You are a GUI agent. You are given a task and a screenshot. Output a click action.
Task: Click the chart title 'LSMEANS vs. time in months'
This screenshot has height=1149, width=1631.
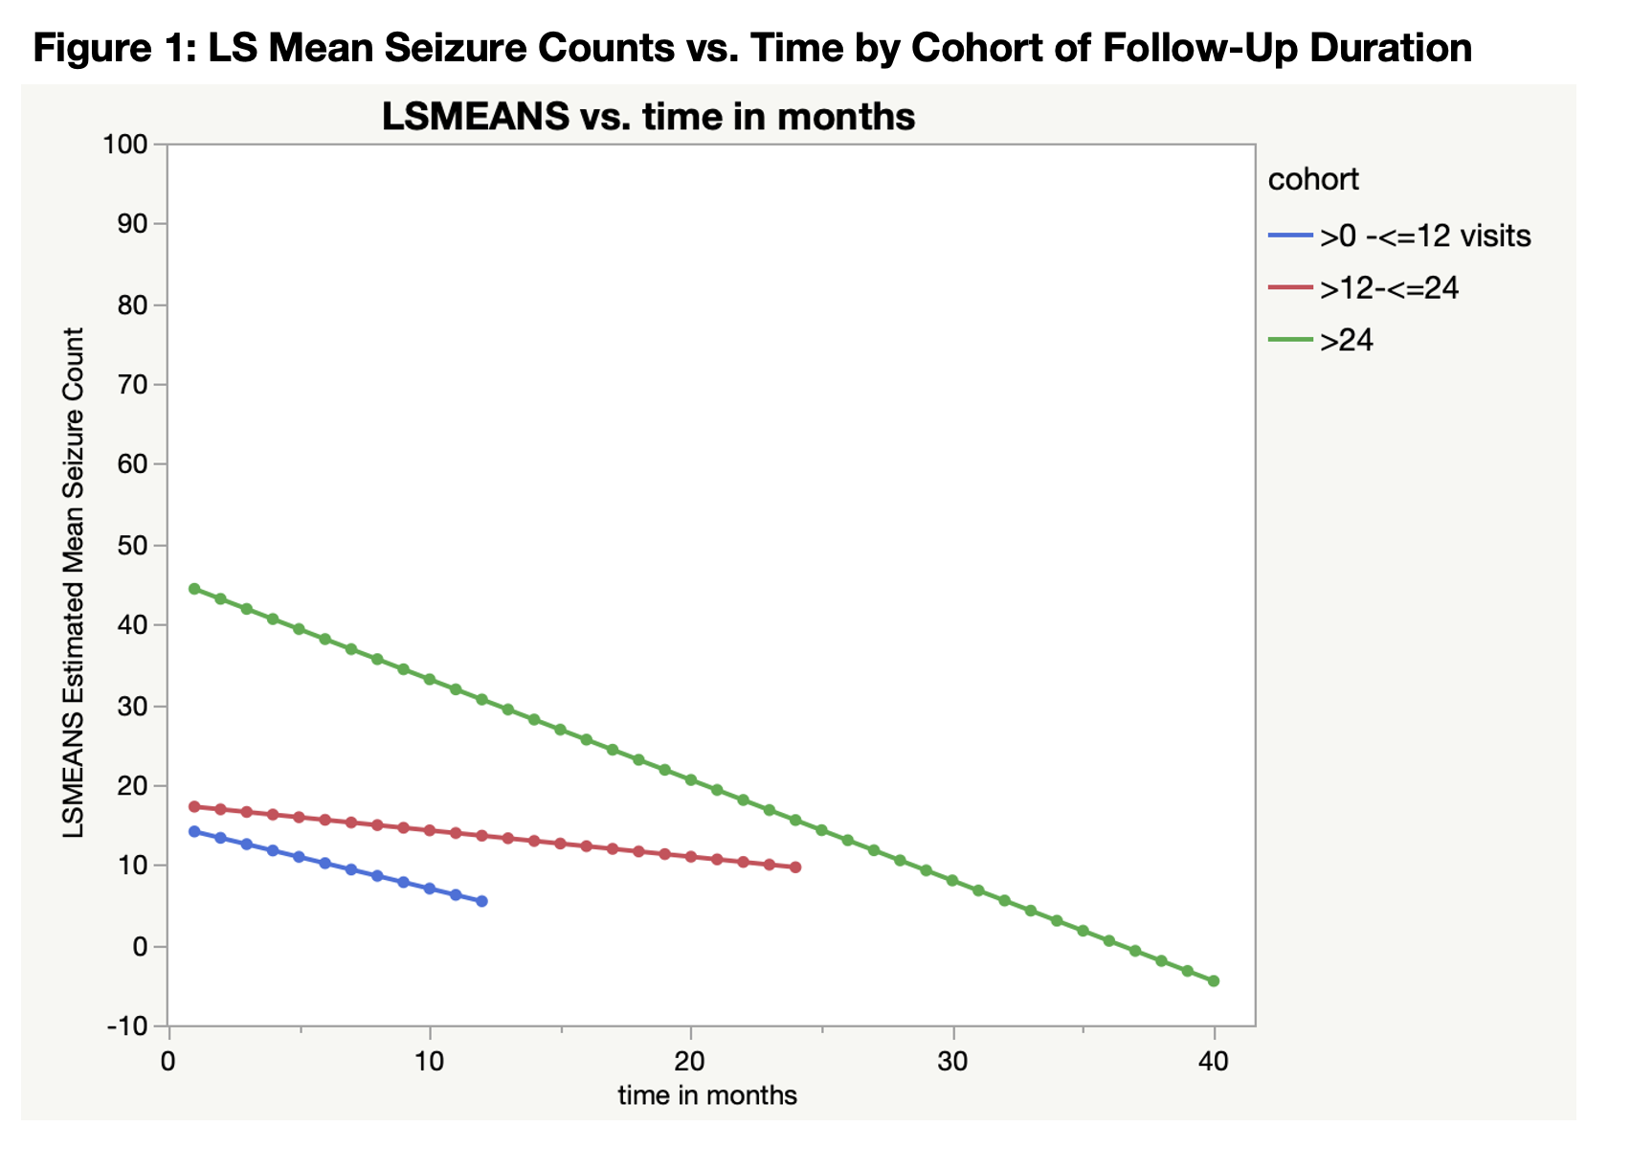648,117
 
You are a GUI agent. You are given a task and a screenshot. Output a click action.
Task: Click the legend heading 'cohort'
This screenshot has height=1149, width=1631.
1313,179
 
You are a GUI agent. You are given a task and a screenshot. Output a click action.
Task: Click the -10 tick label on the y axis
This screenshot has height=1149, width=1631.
128,1026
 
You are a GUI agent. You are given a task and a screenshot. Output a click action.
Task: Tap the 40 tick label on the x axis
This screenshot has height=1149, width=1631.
1215,1062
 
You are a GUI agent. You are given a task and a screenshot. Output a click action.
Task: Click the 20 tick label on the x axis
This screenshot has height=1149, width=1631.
691,1062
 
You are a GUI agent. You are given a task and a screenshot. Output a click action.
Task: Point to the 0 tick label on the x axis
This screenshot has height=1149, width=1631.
169,1062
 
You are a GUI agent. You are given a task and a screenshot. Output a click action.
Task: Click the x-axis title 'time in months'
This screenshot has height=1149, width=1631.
707,1095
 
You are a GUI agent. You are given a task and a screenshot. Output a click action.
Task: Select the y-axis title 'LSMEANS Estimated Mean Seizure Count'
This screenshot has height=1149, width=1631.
74,584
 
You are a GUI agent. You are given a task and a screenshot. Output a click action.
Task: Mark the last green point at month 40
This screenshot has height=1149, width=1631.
1215,981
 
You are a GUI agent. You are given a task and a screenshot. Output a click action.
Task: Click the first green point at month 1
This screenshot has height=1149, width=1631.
194,589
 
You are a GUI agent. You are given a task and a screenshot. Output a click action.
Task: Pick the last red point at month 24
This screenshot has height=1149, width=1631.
795,867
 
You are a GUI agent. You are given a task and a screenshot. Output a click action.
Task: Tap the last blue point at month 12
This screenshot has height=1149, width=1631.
481,902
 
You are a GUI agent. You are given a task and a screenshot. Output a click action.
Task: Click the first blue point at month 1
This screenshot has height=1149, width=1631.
194,832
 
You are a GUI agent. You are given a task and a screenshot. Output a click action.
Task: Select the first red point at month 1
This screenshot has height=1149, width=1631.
194,807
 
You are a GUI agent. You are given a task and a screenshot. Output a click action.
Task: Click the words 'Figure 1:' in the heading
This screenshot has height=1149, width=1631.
112,48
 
